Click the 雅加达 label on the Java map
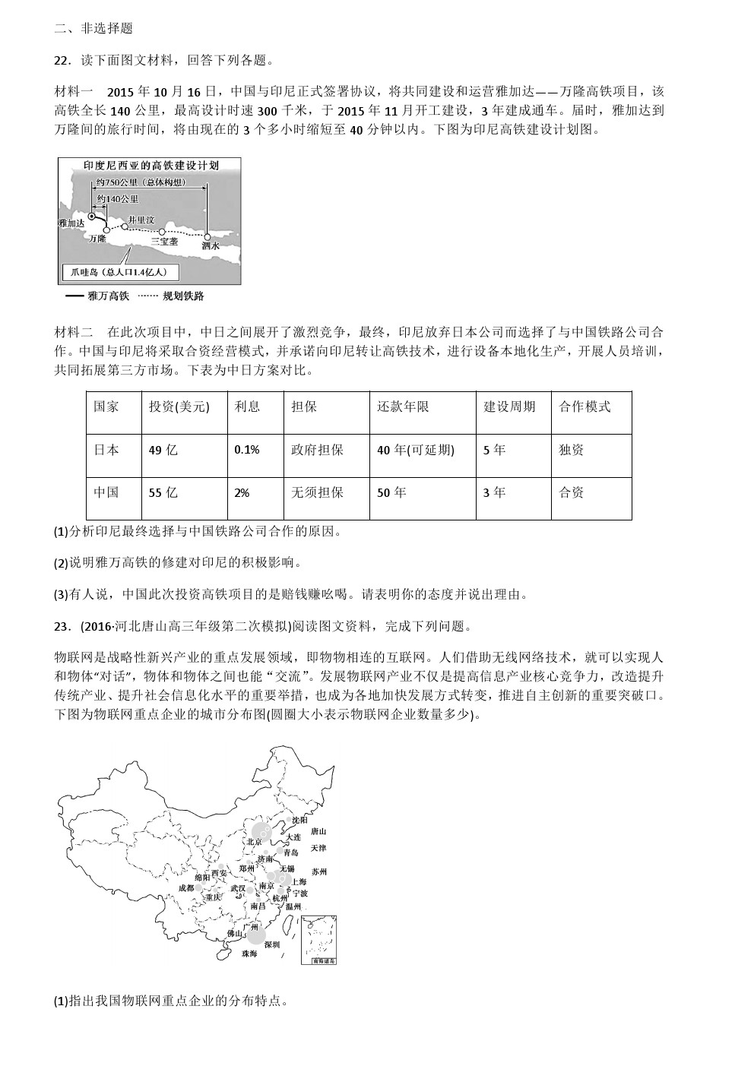[71, 223]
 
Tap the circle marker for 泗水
[208, 236]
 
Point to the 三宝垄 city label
[164, 242]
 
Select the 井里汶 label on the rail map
[141, 220]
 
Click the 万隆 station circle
[106, 229]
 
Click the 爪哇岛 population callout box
[122, 272]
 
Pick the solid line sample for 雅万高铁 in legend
[74, 296]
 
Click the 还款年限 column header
[403, 406]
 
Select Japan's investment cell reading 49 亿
[163, 450]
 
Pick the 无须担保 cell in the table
[317, 492]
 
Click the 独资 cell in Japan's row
[571, 450]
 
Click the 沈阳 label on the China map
[299, 820]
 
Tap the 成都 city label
[186, 887]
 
